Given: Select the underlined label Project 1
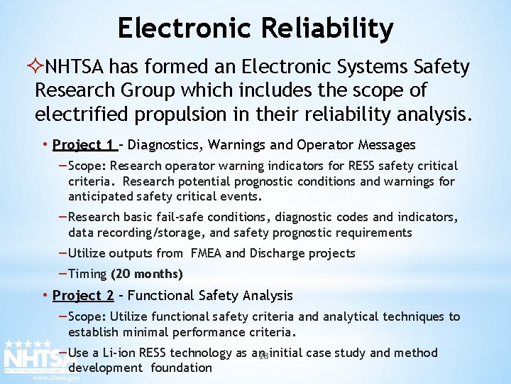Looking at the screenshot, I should pos(84,145).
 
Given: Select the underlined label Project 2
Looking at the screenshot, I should pos(83,295).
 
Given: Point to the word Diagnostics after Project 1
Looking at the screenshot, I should pos(165,145).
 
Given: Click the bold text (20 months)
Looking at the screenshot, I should pos(147,274).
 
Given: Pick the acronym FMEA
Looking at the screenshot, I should pos(206,253).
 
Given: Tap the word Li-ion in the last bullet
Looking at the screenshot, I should pos(119,353).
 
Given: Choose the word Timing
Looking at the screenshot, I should pos(88,274).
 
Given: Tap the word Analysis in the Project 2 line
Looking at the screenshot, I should pos(268,295).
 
